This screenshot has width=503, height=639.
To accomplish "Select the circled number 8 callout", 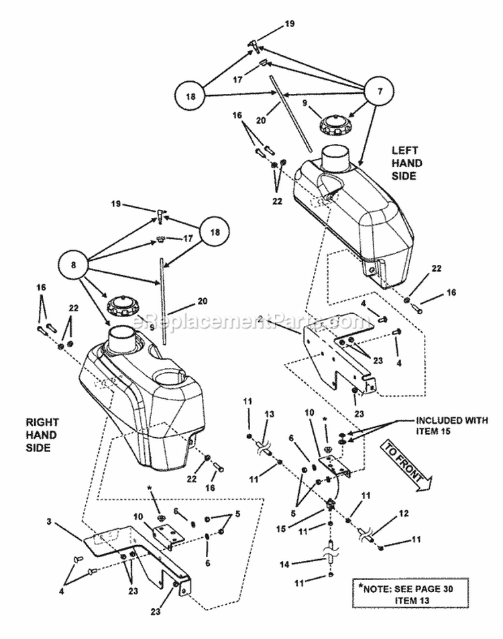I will [x=75, y=264].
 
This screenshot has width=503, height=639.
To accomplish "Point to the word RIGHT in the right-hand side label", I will [x=42, y=422].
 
